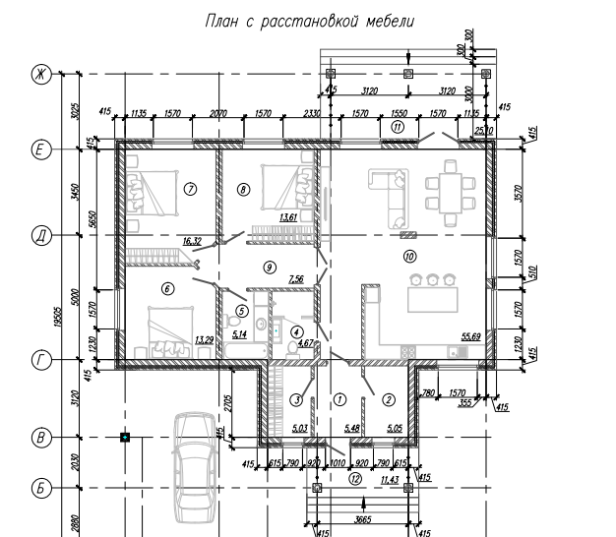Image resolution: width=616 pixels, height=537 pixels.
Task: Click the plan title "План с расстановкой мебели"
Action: [x=308, y=20]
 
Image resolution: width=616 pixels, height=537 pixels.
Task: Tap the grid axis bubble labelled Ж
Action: [x=41, y=75]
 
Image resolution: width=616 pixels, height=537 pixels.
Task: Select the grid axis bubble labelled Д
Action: [x=41, y=236]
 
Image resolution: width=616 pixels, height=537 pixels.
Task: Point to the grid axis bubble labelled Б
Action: [x=41, y=487]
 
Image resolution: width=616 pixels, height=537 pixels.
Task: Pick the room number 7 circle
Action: [x=191, y=186]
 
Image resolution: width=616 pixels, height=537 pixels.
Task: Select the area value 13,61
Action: [x=288, y=216]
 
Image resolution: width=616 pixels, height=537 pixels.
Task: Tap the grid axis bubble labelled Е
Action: [x=41, y=149]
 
